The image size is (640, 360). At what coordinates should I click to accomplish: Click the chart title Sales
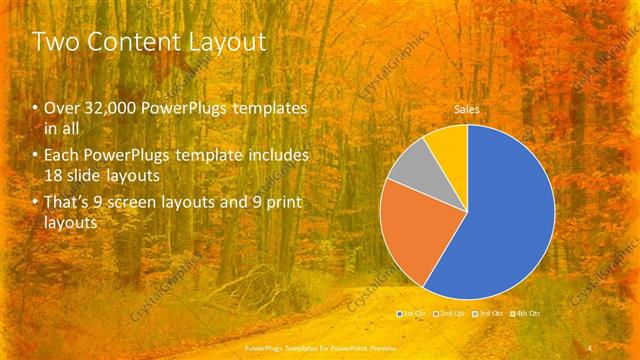click(x=467, y=109)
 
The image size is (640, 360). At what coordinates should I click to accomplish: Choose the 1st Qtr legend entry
click(x=411, y=314)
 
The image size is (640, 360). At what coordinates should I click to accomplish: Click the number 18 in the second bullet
click(x=56, y=176)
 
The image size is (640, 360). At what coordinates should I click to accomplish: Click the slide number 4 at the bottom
click(x=591, y=349)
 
